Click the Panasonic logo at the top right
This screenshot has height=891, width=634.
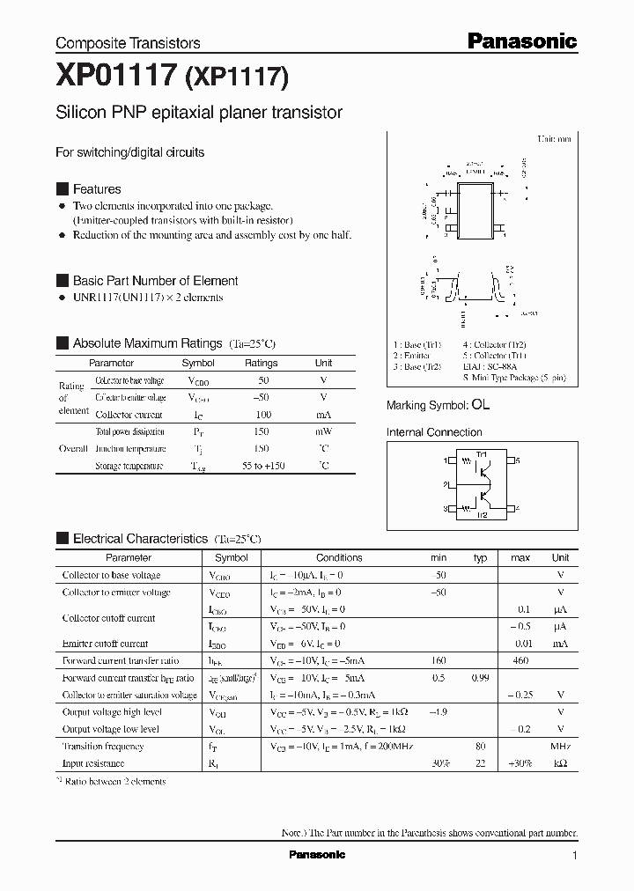pyautogui.click(x=520, y=40)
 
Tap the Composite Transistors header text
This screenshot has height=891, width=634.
pyautogui.click(x=128, y=42)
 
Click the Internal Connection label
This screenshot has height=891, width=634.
pyautogui.click(x=434, y=432)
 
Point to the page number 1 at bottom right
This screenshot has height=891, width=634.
pyautogui.click(x=574, y=856)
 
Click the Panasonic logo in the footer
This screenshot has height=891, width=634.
pyautogui.click(x=317, y=855)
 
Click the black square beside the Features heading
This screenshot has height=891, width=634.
pyautogui.click(x=62, y=189)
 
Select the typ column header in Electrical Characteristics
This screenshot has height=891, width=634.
pyautogui.click(x=480, y=557)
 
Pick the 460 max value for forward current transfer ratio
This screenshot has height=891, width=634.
pyautogui.click(x=520, y=660)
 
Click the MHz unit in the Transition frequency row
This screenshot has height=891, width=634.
pyautogui.click(x=560, y=746)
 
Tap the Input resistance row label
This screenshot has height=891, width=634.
pyautogui.click(x=92, y=763)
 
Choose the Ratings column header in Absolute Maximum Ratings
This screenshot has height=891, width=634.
pyautogui.click(x=261, y=363)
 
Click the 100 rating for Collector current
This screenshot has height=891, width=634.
pyautogui.click(x=262, y=415)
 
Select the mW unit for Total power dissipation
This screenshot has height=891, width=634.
pyautogui.click(x=323, y=431)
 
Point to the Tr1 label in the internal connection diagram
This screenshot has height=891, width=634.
pyautogui.click(x=482, y=453)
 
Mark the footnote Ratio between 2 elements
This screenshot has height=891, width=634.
pyautogui.click(x=112, y=781)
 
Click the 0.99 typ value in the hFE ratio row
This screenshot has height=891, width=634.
pyautogui.click(x=480, y=678)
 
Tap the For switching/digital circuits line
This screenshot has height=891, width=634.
pyautogui.click(x=129, y=152)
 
